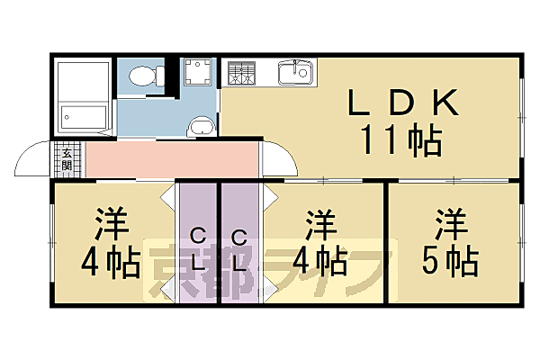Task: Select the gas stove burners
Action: click(x=241, y=72)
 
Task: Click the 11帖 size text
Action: click(x=400, y=141)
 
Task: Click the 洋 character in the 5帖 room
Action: click(x=450, y=221)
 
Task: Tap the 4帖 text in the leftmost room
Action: click(x=109, y=261)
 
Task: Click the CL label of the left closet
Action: click(x=198, y=250)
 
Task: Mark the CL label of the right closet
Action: click(x=239, y=251)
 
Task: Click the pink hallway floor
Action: click(x=171, y=159)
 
